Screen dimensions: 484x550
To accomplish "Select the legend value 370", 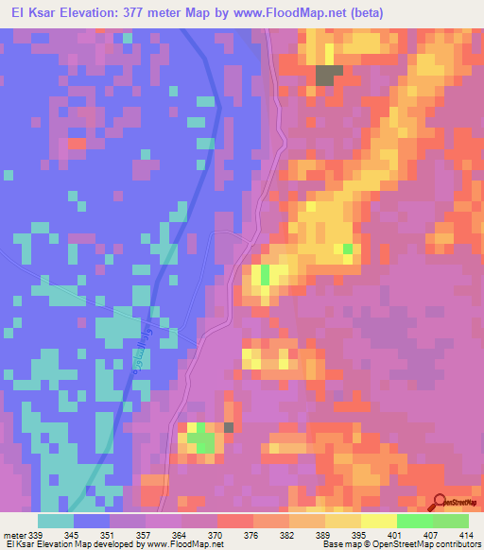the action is tap(216, 535).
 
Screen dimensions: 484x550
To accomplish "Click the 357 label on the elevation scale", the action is tap(144, 535).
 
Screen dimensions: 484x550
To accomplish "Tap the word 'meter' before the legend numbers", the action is tap(16, 535).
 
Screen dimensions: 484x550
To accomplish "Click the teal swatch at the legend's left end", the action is tap(56, 521).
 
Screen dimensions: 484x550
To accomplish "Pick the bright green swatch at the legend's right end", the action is tap(450, 521).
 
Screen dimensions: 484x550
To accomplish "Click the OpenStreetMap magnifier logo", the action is tap(441, 502).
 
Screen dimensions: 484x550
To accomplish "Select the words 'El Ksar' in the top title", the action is tap(32, 13).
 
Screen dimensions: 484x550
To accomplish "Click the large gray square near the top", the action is tap(327, 76).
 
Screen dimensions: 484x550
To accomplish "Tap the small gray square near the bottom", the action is tap(228, 427).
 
